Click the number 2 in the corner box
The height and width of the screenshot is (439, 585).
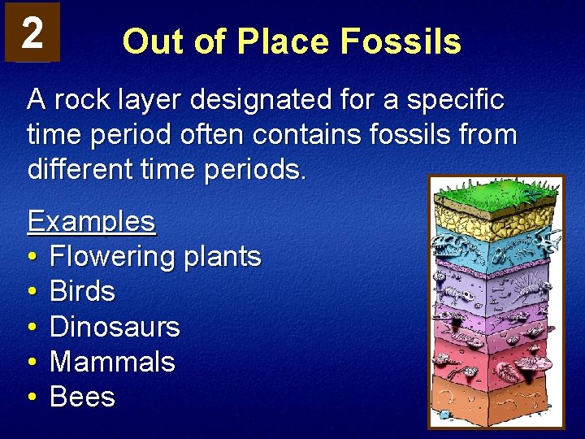pyautogui.click(x=32, y=33)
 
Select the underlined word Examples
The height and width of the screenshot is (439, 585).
pyautogui.click(x=91, y=220)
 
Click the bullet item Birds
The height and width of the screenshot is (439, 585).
pyautogui.click(x=82, y=291)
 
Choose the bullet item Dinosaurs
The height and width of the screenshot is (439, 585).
pyautogui.click(x=115, y=327)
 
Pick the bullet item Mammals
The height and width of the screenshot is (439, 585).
pyautogui.click(x=112, y=362)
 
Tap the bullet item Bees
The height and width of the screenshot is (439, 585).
pyautogui.click(x=82, y=398)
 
